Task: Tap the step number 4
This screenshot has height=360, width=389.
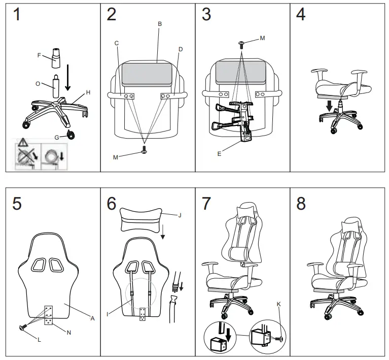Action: [301, 15]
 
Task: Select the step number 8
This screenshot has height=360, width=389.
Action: [301, 204]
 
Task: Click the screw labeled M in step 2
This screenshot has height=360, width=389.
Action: [145, 149]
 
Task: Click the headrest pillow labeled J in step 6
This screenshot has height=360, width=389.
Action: [141, 219]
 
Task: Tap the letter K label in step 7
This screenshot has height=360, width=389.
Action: [278, 305]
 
